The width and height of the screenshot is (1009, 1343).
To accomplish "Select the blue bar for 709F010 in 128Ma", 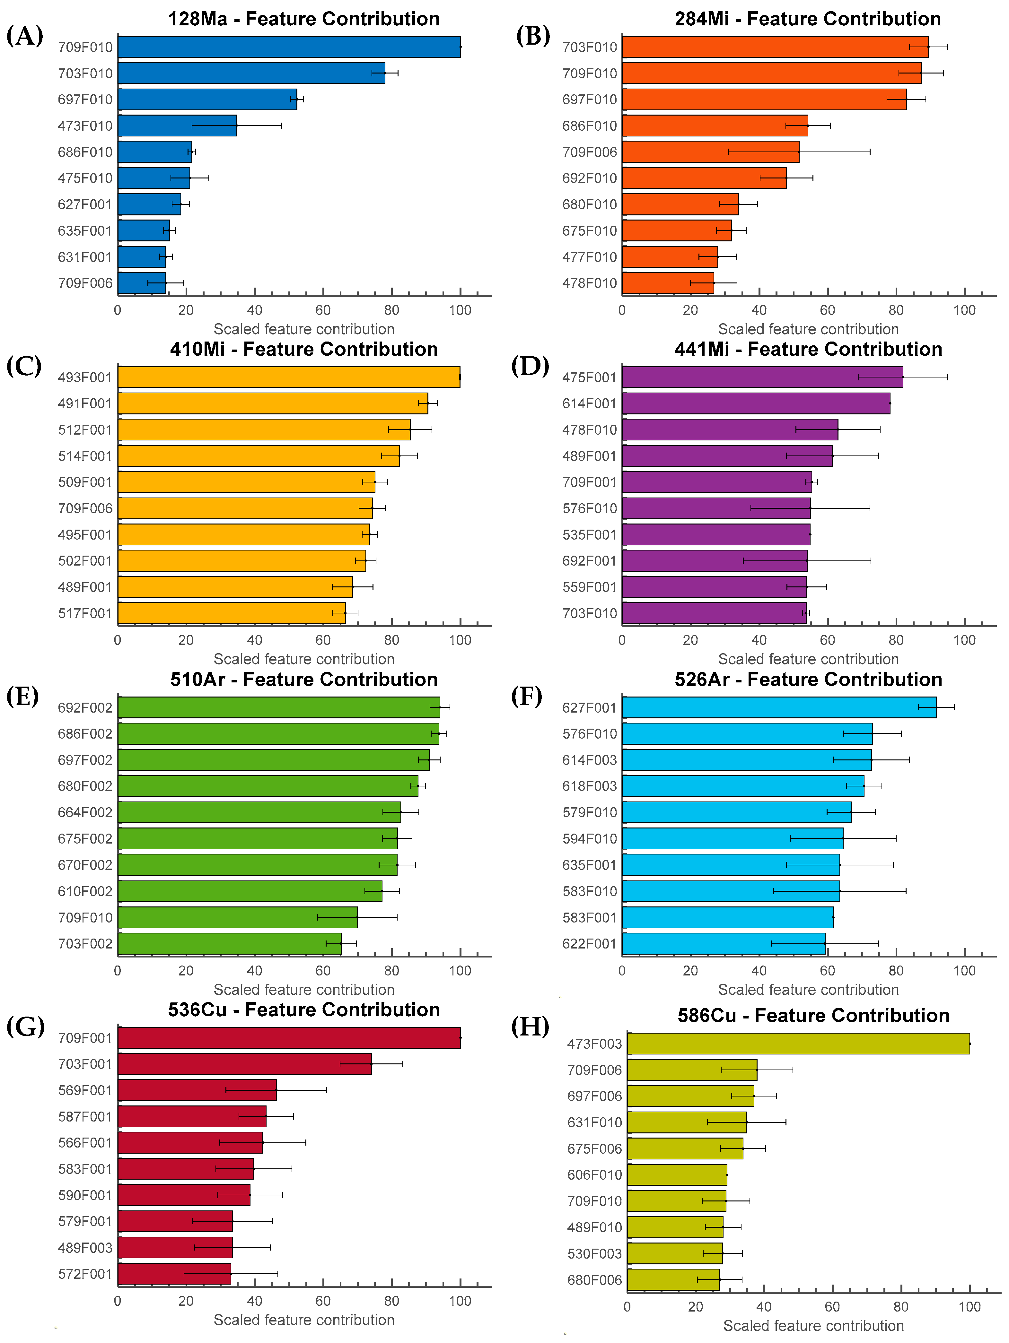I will (x=289, y=47).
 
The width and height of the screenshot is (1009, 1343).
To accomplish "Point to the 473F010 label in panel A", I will (x=85, y=126).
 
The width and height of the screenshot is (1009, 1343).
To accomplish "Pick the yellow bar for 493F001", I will (x=289, y=377).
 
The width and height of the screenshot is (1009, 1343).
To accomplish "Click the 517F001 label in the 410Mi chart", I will (x=85, y=613).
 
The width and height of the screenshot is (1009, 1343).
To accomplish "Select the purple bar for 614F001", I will (x=756, y=403).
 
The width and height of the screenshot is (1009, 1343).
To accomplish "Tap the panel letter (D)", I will (x=530, y=366).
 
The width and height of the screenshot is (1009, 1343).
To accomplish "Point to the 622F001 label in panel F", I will (x=589, y=943).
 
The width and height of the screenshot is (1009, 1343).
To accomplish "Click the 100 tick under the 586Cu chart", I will (x=969, y=1307).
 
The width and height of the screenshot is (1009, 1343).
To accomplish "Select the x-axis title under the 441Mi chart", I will (x=808, y=659).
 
